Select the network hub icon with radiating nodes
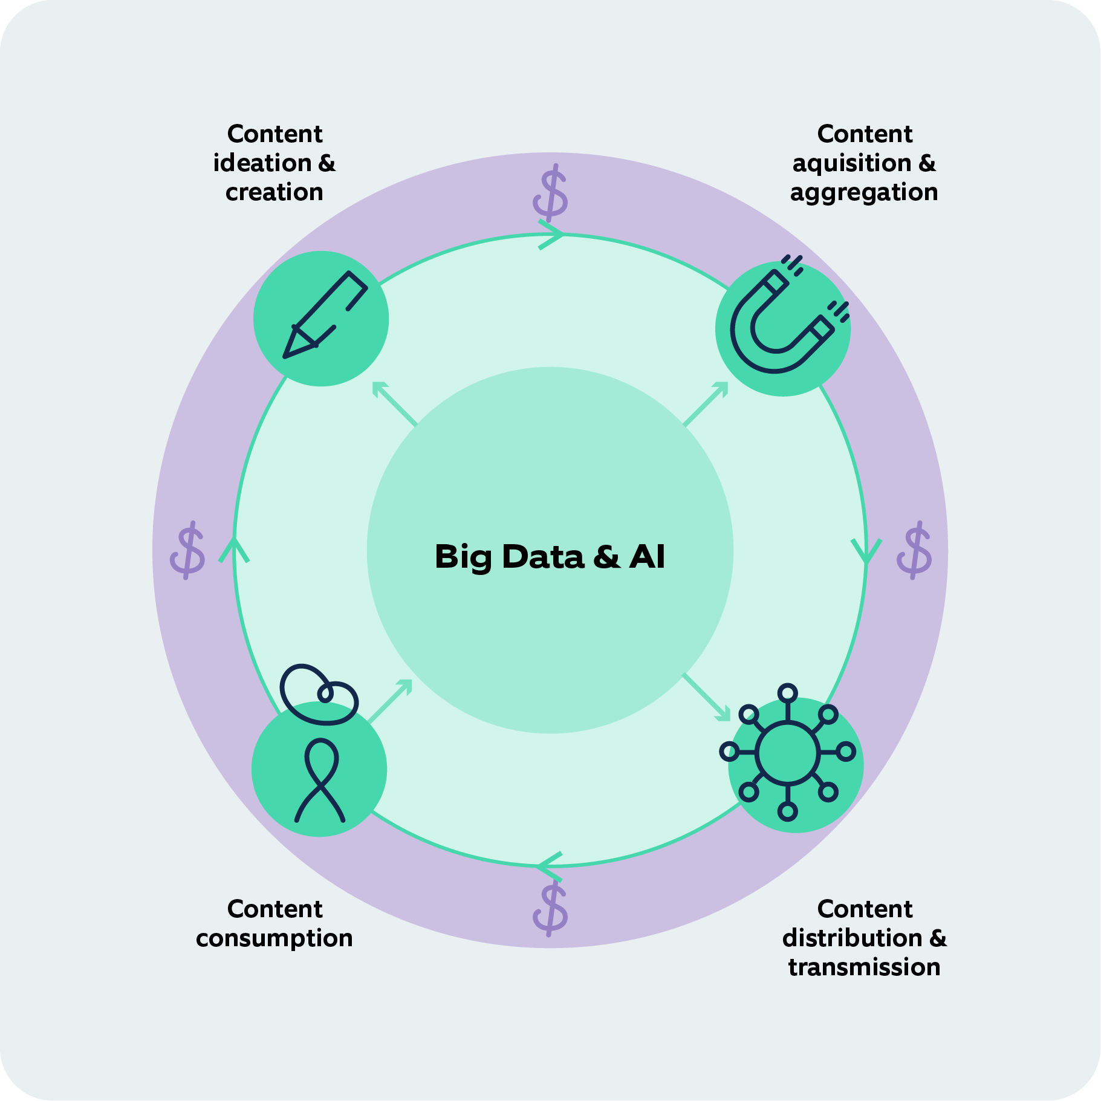[788, 753]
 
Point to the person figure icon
[320, 780]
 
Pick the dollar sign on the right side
[914, 550]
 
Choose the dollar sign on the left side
[187, 550]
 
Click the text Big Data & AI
[550, 556]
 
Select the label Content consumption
[274, 923]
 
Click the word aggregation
[864, 192]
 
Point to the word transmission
[864, 967]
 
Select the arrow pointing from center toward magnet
[706, 403]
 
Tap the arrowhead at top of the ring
[551, 235]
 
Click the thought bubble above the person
[318, 694]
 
